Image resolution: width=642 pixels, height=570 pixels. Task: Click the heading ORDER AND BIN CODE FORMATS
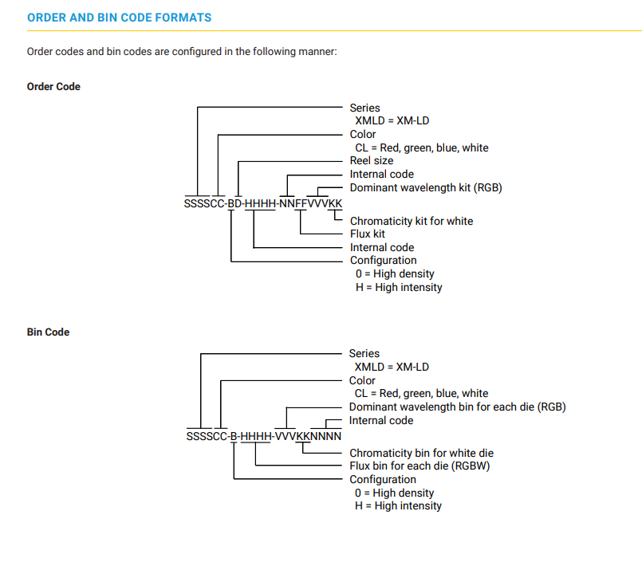(119, 18)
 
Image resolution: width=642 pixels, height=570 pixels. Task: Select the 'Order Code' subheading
(53, 87)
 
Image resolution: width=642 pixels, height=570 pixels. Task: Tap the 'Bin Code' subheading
(49, 332)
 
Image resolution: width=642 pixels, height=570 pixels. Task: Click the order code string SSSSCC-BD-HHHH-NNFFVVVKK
(263, 203)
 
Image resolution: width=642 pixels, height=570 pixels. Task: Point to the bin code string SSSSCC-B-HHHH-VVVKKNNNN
(264, 436)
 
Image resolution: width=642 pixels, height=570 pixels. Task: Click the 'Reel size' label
(372, 161)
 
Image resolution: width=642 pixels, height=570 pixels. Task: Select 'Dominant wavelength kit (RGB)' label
(426, 188)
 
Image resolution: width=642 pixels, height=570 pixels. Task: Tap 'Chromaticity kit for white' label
(412, 222)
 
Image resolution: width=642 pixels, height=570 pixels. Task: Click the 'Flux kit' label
(368, 234)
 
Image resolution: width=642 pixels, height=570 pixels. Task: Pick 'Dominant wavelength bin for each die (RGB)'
(457, 407)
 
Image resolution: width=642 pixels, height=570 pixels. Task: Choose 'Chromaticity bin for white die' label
(421, 454)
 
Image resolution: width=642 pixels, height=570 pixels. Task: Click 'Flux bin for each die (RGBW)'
(419, 466)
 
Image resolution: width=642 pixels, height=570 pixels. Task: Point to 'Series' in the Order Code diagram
(364, 108)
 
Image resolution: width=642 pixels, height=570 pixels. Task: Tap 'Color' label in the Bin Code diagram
(362, 380)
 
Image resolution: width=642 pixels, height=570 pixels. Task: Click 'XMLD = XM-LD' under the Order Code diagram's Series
(392, 121)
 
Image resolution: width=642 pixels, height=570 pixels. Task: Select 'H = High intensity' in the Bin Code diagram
(399, 506)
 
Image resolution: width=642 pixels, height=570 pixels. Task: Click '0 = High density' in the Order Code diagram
(395, 273)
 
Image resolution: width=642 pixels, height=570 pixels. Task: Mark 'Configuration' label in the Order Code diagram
(384, 261)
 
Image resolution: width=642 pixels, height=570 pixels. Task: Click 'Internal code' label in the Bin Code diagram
(381, 421)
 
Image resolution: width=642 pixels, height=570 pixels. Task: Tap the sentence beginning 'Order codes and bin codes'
(182, 52)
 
